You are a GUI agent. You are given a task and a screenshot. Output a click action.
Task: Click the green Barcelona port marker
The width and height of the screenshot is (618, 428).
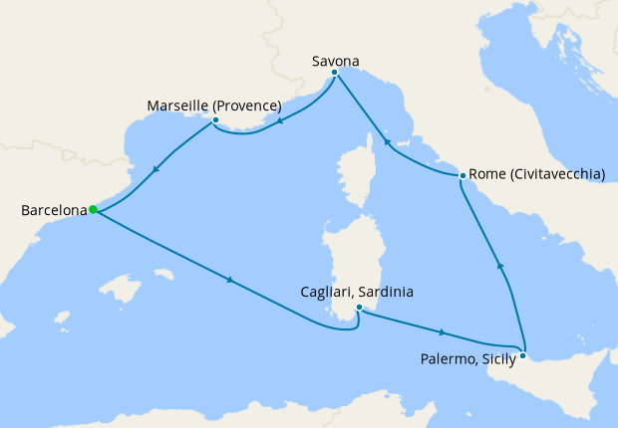(x=93, y=209)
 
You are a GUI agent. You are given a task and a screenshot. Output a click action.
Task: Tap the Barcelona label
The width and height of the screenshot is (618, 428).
(x=53, y=210)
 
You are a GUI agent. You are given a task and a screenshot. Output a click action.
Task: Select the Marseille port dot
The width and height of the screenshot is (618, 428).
(x=215, y=121)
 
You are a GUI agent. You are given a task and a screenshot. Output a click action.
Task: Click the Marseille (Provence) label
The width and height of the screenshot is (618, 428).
(x=214, y=106)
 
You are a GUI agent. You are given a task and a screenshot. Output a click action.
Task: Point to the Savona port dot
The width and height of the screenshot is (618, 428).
(x=334, y=73)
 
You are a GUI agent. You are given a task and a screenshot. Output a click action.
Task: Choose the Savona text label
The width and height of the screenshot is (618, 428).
(x=334, y=60)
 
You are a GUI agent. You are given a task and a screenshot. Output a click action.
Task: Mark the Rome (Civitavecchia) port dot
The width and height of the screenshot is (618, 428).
(x=462, y=175)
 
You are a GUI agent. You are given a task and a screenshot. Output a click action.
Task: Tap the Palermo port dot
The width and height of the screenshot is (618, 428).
(x=523, y=353)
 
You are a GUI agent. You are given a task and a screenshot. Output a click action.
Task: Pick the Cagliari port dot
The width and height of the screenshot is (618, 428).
(x=359, y=308)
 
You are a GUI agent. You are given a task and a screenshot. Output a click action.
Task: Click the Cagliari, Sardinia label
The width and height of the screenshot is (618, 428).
(x=357, y=293)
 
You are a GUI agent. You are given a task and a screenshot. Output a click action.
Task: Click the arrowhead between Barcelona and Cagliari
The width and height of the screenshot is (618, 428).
(x=231, y=280)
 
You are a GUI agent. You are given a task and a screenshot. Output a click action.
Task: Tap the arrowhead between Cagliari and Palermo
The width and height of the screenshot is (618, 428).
(x=441, y=332)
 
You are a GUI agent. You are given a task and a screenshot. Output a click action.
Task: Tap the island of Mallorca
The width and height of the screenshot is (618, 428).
(x=122, y=290)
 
